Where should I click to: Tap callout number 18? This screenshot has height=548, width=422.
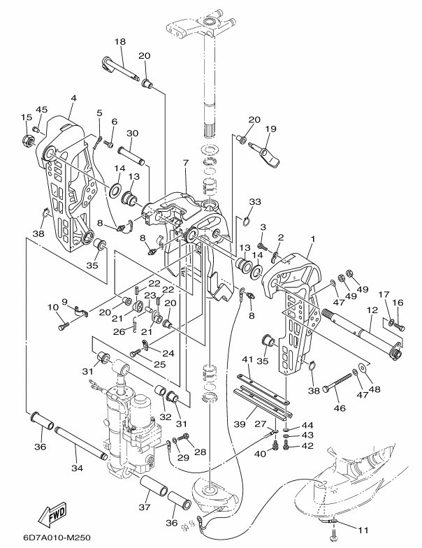(119, 42)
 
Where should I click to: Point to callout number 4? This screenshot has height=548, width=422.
(73, 99)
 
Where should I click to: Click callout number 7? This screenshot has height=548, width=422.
(186, 163)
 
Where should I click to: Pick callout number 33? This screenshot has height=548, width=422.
(255, 202)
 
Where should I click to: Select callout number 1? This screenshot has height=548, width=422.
(312, 239)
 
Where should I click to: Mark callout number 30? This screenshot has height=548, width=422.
(132, 133)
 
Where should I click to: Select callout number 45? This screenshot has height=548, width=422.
(42, 110)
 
